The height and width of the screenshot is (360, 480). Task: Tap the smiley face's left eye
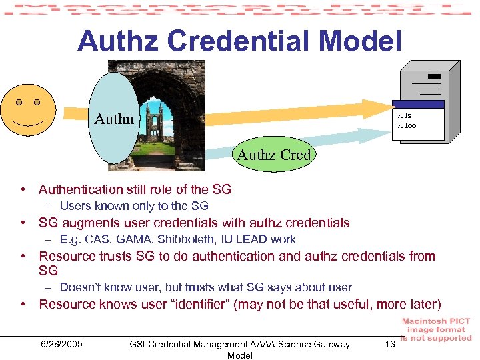pyautogui.click(x=19, y=103)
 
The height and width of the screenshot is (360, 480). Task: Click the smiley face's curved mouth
pyautogui.click(x=27, y=124)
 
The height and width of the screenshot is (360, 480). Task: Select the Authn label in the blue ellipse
pyautogui.click(x=114, y=119)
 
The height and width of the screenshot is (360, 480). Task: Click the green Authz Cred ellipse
pyautogui.click(x=274, y=155)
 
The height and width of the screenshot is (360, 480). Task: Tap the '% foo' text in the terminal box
pyautogui.click(x=406, y=125)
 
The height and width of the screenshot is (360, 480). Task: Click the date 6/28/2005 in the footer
pyautogui.click(x=61, y=344)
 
